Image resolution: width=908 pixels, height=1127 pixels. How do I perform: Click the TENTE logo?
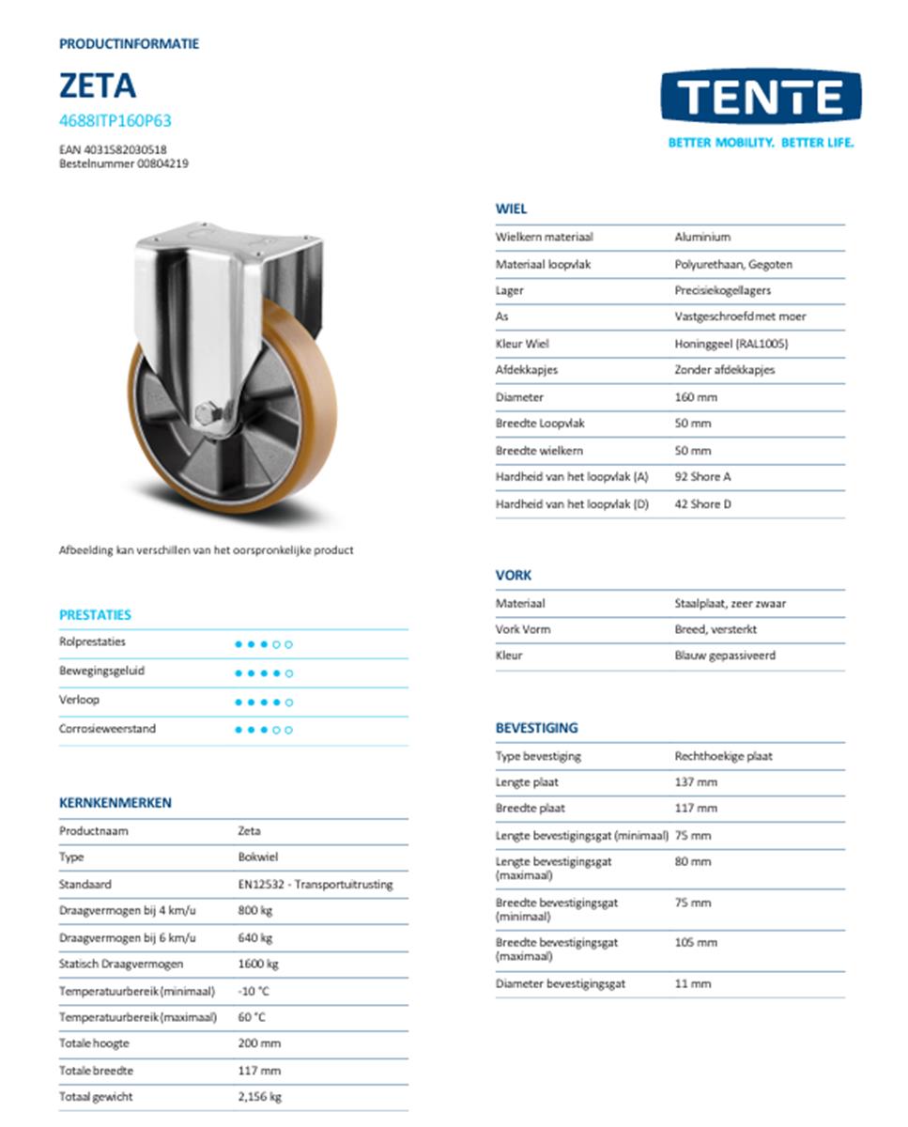[760, 98]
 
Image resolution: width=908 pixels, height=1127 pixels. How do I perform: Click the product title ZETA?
[98, 86]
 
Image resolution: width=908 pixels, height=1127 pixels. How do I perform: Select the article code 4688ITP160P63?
[115, 121]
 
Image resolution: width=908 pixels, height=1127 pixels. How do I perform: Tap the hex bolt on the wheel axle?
[210, 413]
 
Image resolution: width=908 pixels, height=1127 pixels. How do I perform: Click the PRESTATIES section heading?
[95, 615]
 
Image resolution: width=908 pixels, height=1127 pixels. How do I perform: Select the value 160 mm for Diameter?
[696, 397]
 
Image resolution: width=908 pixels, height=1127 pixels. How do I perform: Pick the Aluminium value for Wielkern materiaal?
[702, 238]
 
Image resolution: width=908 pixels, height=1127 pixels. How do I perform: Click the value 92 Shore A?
[702, 477]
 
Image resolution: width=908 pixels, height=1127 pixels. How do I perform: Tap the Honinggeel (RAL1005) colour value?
[731, 344]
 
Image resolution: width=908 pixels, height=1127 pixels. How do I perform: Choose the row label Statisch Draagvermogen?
[121, 964]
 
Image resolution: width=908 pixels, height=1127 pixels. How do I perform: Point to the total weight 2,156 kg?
[260, 1096]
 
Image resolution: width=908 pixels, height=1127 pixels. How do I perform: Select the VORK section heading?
[514, 576]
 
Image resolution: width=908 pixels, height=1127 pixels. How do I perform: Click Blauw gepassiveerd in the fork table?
[725, 656]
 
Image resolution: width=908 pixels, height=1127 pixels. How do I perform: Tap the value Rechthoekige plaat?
[724, 756]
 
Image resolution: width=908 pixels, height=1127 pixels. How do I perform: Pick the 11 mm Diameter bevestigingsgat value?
[693, 984]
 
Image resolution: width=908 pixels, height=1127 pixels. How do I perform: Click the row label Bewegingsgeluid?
[101, 672]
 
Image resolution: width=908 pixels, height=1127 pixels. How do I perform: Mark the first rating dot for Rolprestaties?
[239, 644]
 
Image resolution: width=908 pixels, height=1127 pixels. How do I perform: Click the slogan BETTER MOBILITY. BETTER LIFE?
[761, 143]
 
